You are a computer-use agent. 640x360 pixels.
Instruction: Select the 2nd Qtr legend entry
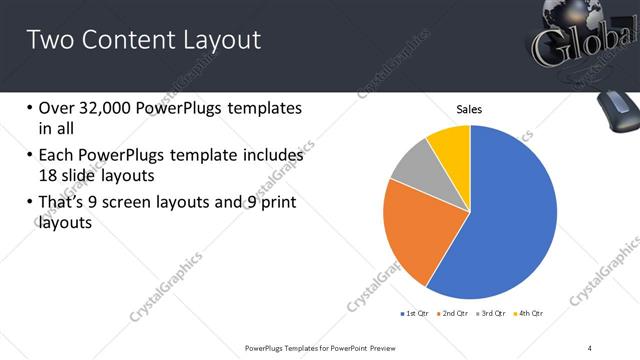[x=455, y=313]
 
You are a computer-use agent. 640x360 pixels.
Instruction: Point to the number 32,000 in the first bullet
[x=109, y=108]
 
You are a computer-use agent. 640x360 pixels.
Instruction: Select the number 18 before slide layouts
[x=49, y=176]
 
